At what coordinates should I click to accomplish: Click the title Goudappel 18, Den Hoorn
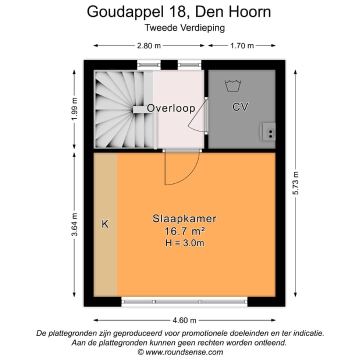point(179,11)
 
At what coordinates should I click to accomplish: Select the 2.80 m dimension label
point(149,46)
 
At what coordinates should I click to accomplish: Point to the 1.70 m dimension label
point(241,46)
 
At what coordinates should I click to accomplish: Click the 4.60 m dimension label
point(184,320)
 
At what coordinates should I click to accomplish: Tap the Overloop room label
point(171,108)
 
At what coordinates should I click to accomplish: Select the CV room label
point(240,106)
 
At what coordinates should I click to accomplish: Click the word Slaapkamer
point(184,218)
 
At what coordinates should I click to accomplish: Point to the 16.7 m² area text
point(184,231)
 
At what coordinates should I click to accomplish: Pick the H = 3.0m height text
point(184,243)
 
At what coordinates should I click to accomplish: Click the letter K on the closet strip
point(105,224)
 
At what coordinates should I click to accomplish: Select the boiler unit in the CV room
point(268,132)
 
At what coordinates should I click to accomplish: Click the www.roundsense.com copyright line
point(180,352)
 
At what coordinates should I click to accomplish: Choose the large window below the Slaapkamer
point(184,301)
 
